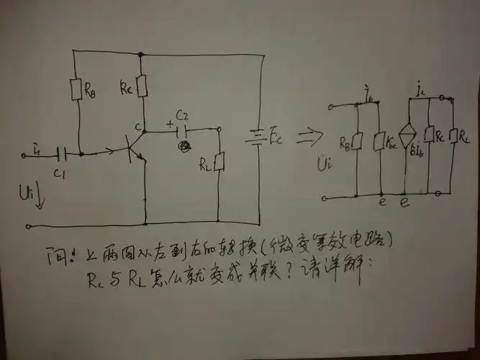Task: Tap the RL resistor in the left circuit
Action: point(219,163)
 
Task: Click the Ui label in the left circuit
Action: point(28,194)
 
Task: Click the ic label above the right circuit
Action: point(420,91)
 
